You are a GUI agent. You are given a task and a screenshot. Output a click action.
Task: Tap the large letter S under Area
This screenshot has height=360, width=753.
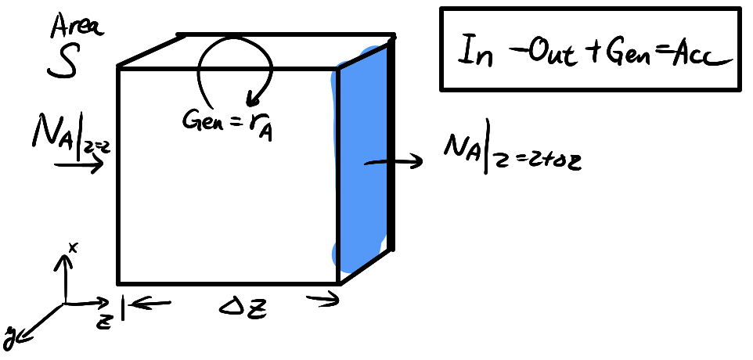pos(63,64)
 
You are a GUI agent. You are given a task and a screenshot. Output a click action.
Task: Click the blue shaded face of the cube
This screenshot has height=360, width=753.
pos(362,157)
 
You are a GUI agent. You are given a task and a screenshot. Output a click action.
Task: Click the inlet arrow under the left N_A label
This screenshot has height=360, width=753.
pos(78,165)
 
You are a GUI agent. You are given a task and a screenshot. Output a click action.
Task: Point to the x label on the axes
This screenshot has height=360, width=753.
pos(72,247)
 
